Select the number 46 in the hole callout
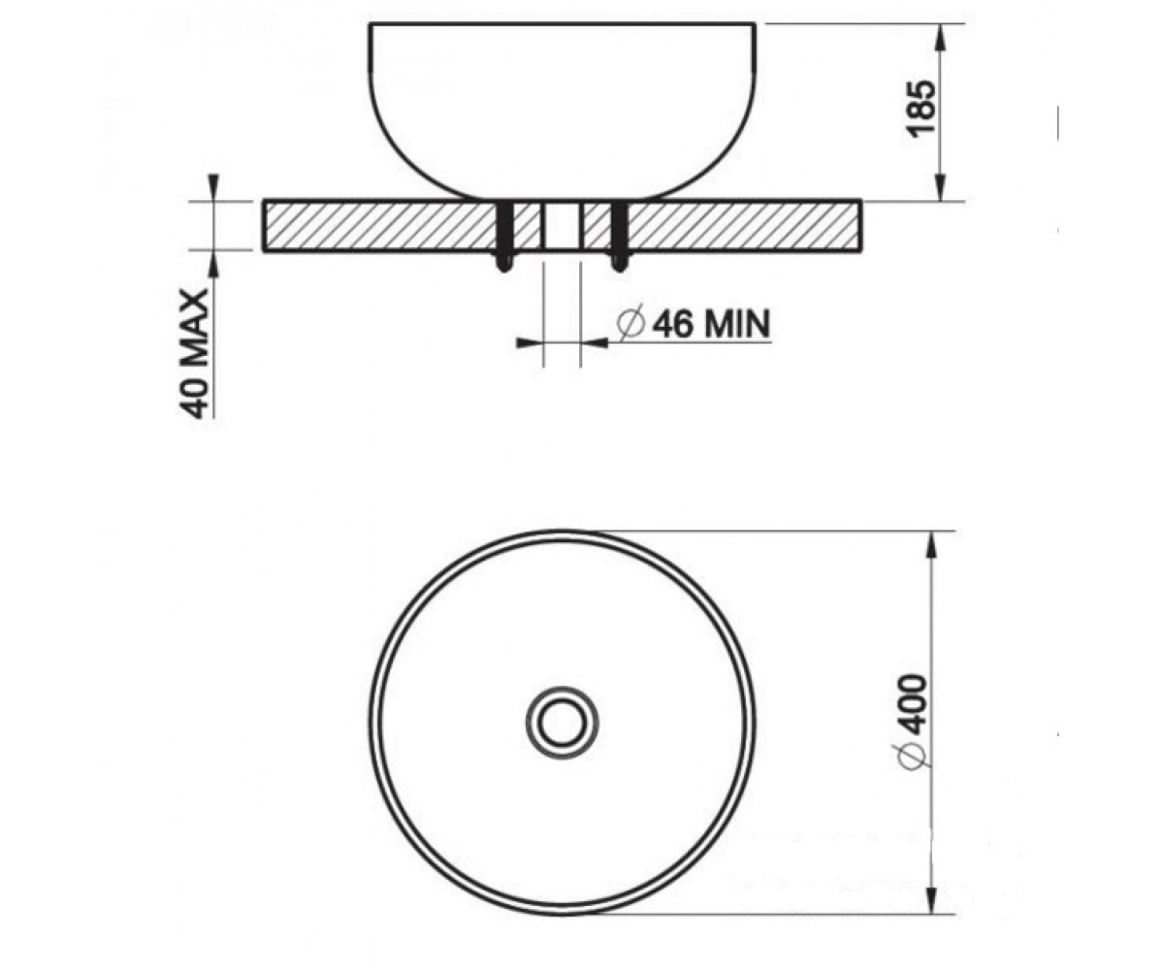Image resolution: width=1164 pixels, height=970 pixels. pyautogui.click(x=674, y=323)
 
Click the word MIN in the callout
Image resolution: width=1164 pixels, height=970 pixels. pyautogui.click(x=737, y=323)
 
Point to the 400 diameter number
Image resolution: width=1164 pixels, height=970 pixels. pyautogui.click(x=914, y=706)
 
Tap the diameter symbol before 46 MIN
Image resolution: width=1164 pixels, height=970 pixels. pyautogui.click(x=632, y=324)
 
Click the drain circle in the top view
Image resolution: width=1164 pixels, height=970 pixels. pyautogui.click(x=562, y=723)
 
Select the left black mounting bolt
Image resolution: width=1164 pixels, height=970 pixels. pyautogui.click(x=504, y=236)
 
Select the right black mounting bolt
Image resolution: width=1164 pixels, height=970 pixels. pyautogui.click(x=619, y=236)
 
